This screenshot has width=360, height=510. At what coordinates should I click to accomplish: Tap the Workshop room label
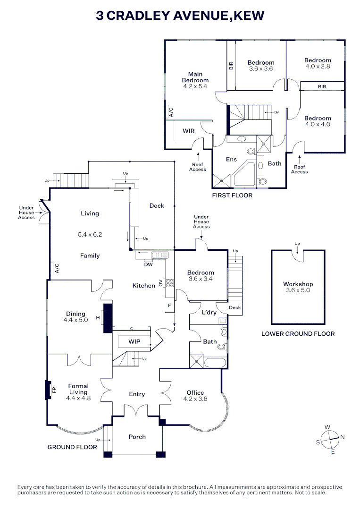298,284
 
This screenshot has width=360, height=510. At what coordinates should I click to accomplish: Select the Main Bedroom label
195,77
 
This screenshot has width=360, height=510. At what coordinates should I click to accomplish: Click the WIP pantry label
134,341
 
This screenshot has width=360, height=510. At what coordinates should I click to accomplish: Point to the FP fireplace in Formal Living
53,390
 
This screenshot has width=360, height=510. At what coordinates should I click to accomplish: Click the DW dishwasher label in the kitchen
148,264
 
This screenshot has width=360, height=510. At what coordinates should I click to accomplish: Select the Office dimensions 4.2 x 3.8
195,399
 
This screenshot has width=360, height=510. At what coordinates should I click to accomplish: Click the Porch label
137,437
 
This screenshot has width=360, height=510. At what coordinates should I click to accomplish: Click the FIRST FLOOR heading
232,195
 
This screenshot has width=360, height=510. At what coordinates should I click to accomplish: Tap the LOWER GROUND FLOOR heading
298,334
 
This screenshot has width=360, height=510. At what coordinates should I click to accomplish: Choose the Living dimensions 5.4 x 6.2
90,234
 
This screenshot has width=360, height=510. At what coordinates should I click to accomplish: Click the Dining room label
75,314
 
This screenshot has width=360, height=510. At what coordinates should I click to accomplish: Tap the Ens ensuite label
231,159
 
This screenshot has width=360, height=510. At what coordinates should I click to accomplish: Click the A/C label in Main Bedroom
171,112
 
